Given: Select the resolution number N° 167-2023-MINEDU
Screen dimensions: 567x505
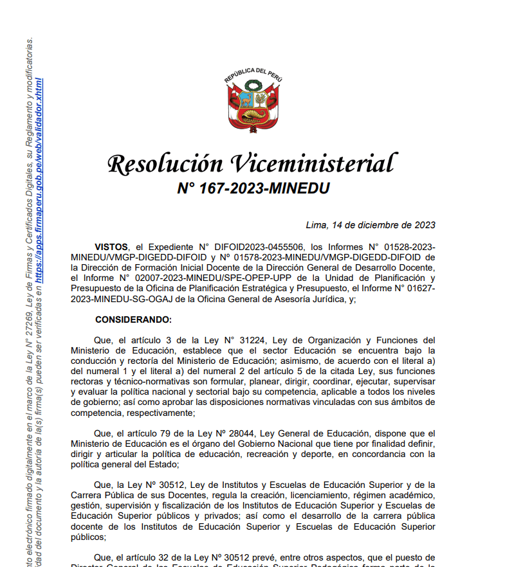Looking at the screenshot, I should (x=253, y=188).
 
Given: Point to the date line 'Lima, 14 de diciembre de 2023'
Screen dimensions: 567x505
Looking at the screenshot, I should (x=371, y=225).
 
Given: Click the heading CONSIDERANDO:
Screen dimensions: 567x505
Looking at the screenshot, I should (x=133, y=319).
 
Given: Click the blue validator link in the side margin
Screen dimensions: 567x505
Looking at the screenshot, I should (x=40, y=180).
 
